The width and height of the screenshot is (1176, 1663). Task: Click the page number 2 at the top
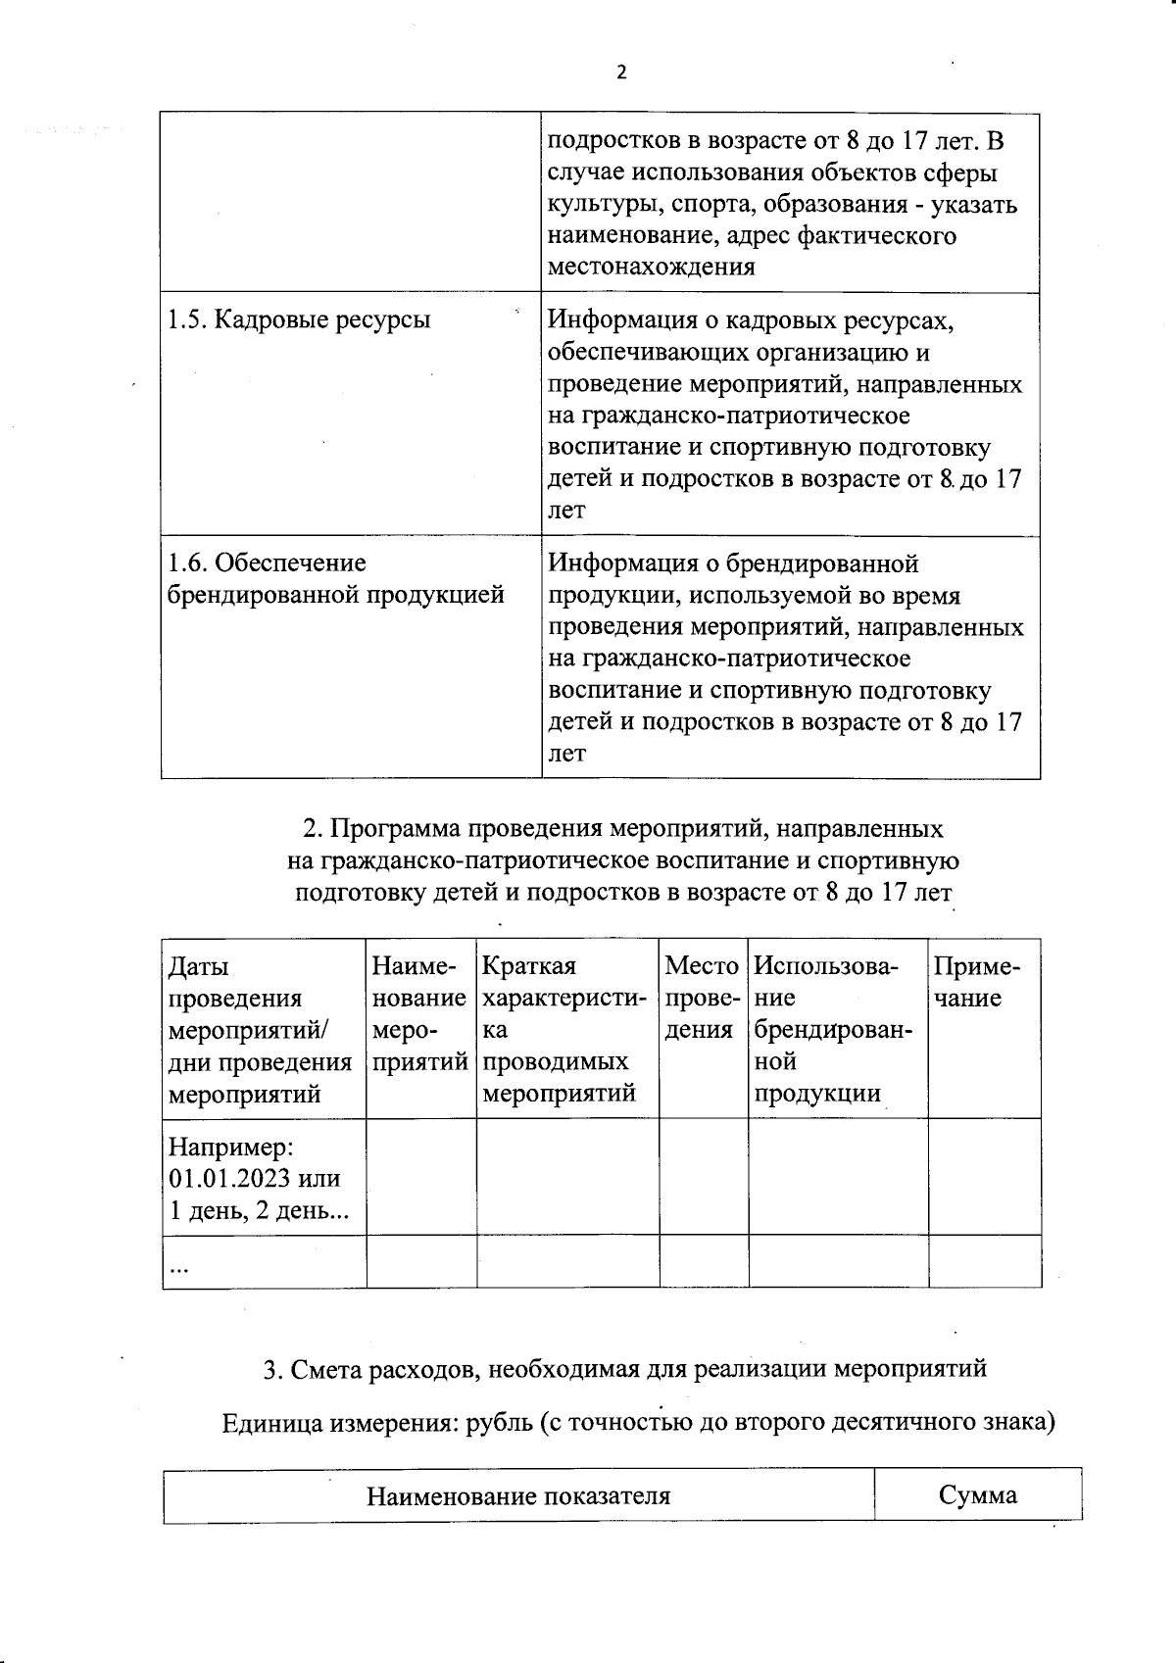click(620, 73)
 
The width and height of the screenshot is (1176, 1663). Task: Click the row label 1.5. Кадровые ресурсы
click(299, 319)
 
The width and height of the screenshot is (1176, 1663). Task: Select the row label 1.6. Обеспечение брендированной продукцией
click(335, 579)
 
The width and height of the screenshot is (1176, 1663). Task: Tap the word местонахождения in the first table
click(651, 268)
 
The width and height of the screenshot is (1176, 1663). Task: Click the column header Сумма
click(977, 1494)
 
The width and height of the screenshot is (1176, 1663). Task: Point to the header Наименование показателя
click(518, 1495)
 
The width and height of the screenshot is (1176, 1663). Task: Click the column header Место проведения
click(702, 998)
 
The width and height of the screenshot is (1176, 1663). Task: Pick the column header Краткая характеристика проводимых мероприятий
click(564, 1029)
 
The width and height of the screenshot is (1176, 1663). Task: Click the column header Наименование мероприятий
click(419, 1013)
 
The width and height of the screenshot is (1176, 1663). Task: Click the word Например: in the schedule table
click(231, 1146)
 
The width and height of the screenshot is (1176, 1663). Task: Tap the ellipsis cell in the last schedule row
click(179, 1267)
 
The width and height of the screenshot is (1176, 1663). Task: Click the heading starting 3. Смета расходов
click(624, 1369)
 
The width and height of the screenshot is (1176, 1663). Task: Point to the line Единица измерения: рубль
click(638, 1422)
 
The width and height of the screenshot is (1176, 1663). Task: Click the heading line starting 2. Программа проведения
click(622, 829)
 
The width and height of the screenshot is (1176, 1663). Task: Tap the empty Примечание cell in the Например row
click(984, 1176)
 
